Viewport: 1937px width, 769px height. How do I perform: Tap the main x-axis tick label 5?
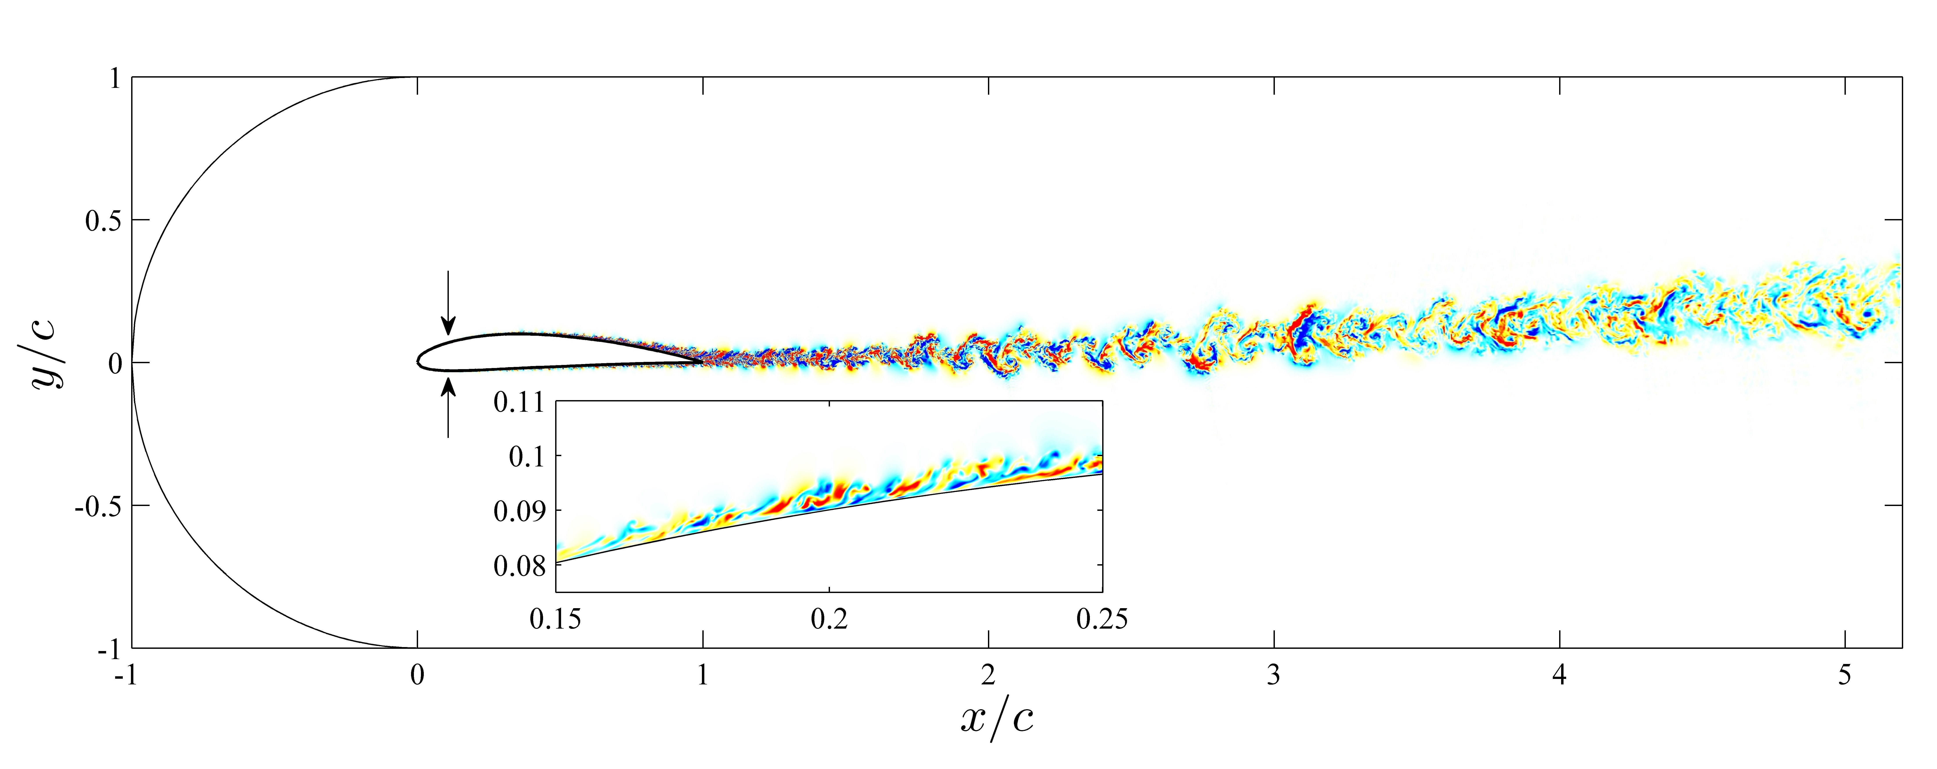(x=1845, y=677)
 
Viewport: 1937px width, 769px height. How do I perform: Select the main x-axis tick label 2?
(x=988, y=677)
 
